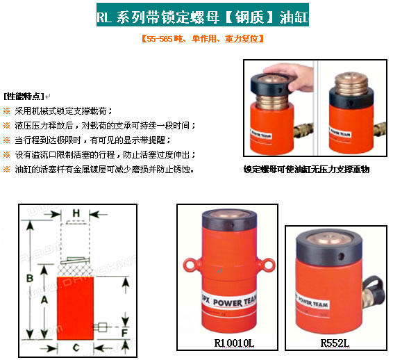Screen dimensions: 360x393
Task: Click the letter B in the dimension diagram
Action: (30, 278)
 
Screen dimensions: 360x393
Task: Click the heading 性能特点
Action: (23, 96)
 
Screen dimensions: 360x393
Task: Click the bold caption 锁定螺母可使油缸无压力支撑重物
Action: (306, 169)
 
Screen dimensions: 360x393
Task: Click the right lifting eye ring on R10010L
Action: (269, 263)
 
